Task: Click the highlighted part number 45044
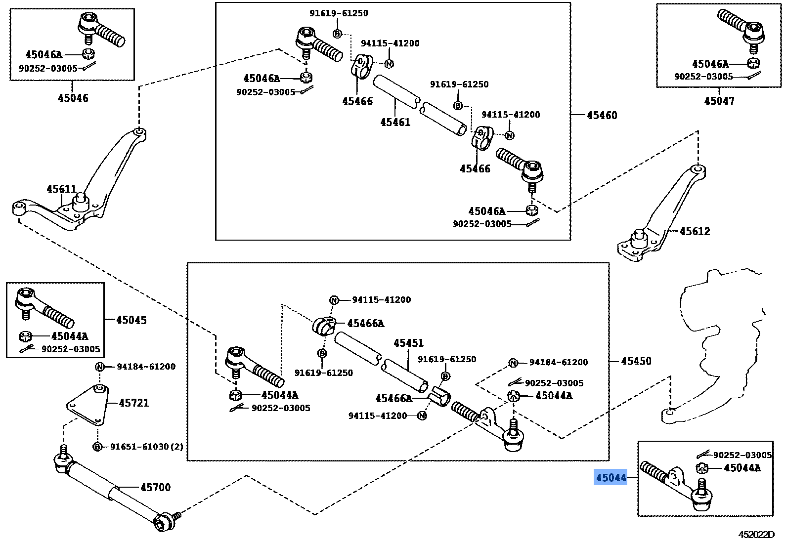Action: click(611, 478)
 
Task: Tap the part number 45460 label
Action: click(602, 115)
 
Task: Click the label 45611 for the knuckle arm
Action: click(61, 189)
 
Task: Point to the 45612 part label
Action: click(695, 231)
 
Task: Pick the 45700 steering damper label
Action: click(155, 487)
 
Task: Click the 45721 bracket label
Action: click(133, 403)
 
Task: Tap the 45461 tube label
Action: click(395, 122)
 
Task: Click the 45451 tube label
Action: click(408, 343)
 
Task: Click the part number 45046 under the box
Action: click(73, 98)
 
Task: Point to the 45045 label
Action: click(131, 320)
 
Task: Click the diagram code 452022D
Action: click(756, 535)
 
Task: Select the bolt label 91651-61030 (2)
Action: click(146, 447)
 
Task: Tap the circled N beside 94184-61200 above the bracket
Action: click(100, 367)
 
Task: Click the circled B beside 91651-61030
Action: click(97, 447)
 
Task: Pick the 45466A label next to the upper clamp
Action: click(365, 323)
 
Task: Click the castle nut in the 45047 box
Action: click(753, 63)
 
